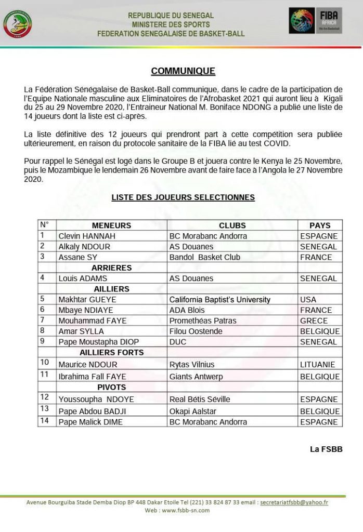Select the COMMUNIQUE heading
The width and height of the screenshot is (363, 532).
tap(183, 71)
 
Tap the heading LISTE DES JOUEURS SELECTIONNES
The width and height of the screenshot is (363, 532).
tap(183, 197)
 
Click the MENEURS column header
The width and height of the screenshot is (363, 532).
tap(111, 225)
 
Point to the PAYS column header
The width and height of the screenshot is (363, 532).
tap(320, 225)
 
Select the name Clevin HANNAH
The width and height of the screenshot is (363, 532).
tap(87, 236)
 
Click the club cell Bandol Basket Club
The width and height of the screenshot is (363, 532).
tap(205, 257)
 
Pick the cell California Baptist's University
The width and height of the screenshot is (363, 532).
tap(220, 300)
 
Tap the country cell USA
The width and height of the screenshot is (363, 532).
tap(308, 300)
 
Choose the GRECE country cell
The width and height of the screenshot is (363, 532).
tap(314, 321)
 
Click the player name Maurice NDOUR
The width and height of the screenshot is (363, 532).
tap(88, 365)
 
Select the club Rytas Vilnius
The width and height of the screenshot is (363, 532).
tap(192, 365)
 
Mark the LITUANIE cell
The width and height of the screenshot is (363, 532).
tap(318, 365)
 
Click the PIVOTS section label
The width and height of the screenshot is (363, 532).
tap(111, 388)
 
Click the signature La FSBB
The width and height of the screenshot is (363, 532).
tap(326, 449)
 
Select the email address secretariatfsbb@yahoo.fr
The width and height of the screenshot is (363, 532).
tap(294, 502)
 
